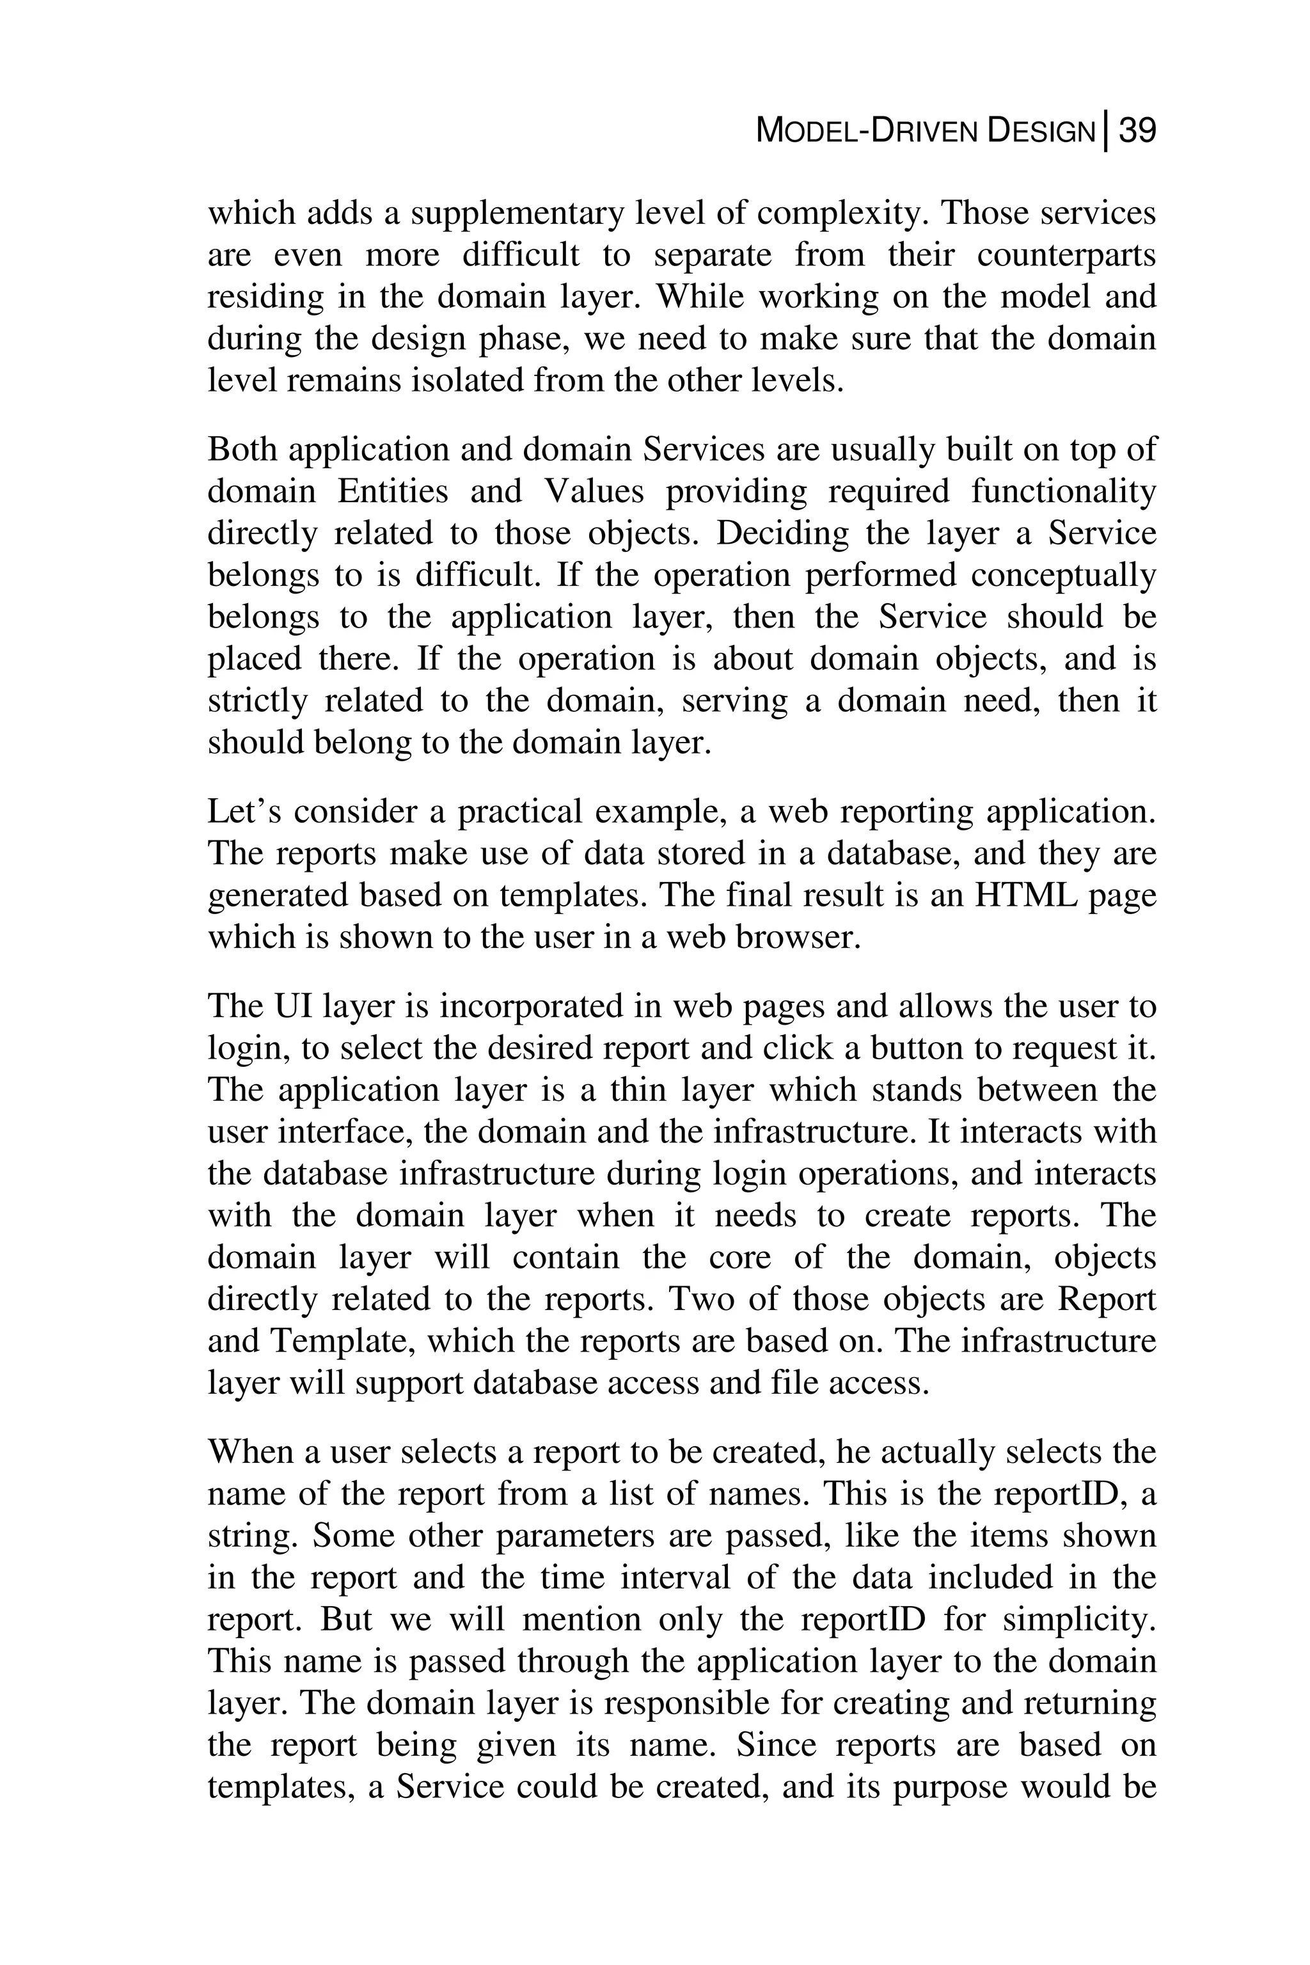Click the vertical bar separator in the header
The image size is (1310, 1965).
click(1106, 132)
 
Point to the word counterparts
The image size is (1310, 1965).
click(1066, 255)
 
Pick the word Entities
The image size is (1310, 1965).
click(393, 491)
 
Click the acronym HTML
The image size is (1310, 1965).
click(1026, 895)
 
